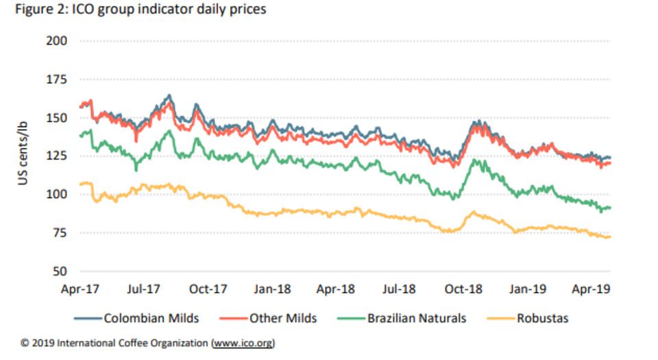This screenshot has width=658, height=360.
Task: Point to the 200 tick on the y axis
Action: coord(58,41)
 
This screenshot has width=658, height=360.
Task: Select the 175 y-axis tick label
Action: coord(58,80)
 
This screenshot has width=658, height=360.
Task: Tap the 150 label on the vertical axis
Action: coord(58,118)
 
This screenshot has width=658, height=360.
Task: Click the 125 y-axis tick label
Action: coord(58,156)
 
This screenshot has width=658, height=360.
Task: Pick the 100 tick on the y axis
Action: coord(58,195)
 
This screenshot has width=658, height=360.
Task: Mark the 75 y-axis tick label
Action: coord(60,233)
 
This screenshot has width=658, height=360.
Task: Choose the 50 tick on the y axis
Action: coord(60,272)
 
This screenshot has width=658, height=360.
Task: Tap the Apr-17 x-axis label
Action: coord(81,289)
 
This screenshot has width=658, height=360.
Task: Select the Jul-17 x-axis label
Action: coord(145,289)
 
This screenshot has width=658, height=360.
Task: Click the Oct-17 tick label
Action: coord(209,289)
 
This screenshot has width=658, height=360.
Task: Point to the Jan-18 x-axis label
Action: coord(273,289)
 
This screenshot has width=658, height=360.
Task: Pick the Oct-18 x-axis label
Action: coord(464,289)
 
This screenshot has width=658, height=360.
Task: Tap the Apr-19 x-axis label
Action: coord(592,289)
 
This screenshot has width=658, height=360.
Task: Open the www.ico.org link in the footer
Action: coord(243,342)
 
